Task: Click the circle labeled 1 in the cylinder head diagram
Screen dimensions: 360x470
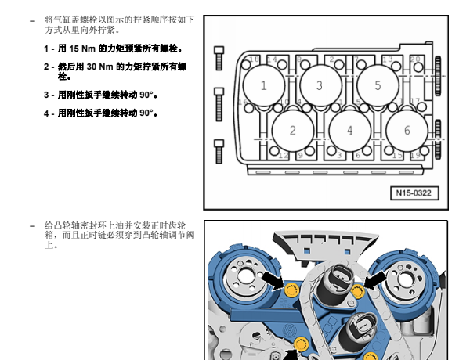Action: (263, 85)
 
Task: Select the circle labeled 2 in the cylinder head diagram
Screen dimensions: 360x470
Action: (292, 131)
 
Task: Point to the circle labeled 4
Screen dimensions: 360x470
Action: (349, 131)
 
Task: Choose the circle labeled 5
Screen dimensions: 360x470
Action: (378, 85)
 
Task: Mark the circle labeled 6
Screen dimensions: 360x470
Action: (408, 131)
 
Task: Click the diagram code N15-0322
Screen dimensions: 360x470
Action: (414, 193)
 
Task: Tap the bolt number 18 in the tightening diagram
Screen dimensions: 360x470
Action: (255, 59)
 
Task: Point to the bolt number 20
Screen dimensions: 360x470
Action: (415, 59)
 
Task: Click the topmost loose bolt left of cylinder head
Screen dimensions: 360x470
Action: (219, 57)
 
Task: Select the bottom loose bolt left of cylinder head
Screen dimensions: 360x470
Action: (219, 150)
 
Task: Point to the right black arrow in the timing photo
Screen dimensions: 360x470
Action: (374, 279)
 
